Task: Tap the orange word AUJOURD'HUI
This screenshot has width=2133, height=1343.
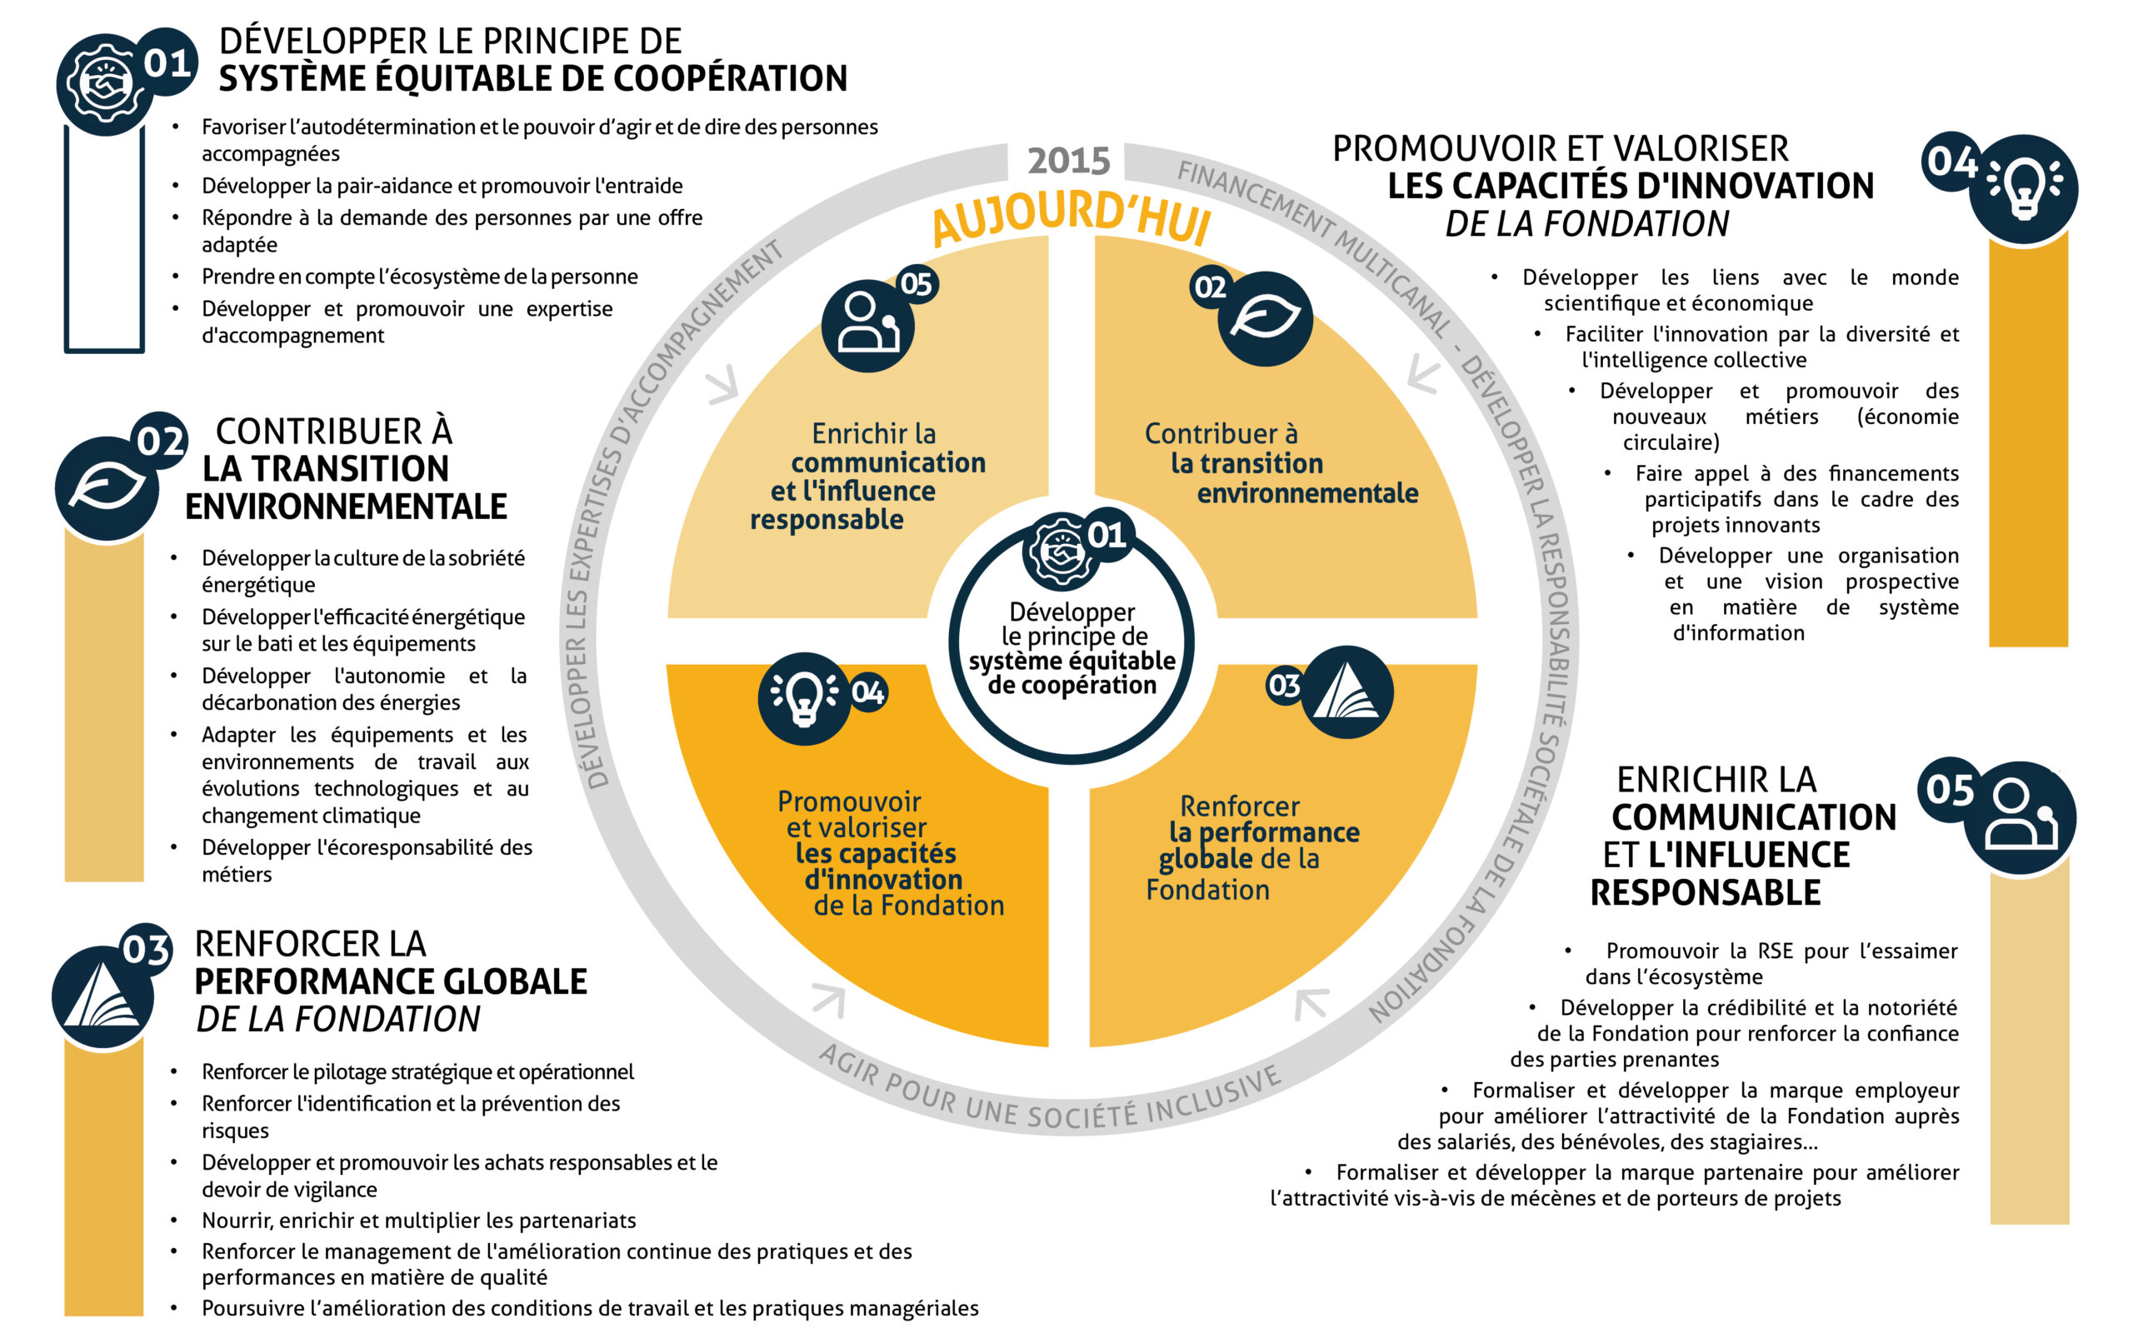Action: (1071, 217)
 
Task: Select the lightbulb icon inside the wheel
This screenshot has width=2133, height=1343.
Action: (804, 699)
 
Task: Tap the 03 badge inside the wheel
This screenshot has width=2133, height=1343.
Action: (1283, 685)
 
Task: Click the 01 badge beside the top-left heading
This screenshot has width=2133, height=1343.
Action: (167, 62)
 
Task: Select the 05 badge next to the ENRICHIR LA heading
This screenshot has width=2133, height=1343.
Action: (1950, 789)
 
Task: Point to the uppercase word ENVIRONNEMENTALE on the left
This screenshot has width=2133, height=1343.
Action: (346, 507)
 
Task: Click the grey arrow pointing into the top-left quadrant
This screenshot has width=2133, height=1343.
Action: (723, 384)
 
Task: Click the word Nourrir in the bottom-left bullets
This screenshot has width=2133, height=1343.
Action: (237, 1221)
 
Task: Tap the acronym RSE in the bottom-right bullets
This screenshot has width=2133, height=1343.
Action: (1775, 951)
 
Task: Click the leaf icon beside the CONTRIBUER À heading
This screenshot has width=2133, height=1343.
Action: (107, 487)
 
